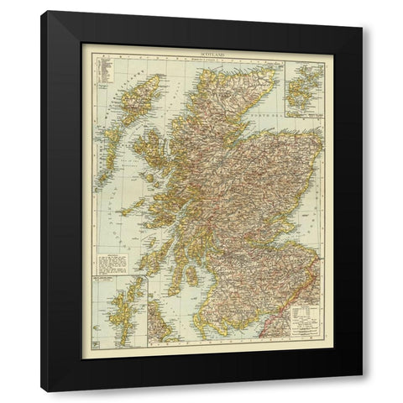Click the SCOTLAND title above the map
(201, 52)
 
